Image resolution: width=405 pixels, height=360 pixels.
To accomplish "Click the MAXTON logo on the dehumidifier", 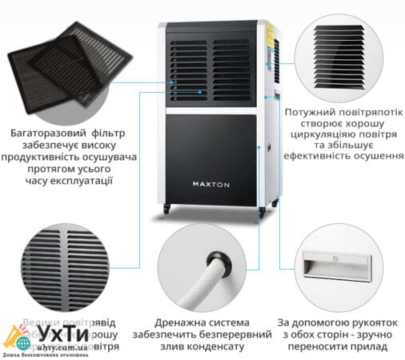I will click(x=211, y=182).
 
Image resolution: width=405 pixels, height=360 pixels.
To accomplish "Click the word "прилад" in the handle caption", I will click(x=372, y=347).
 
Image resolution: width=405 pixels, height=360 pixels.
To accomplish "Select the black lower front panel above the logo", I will click(x=211, y=144).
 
